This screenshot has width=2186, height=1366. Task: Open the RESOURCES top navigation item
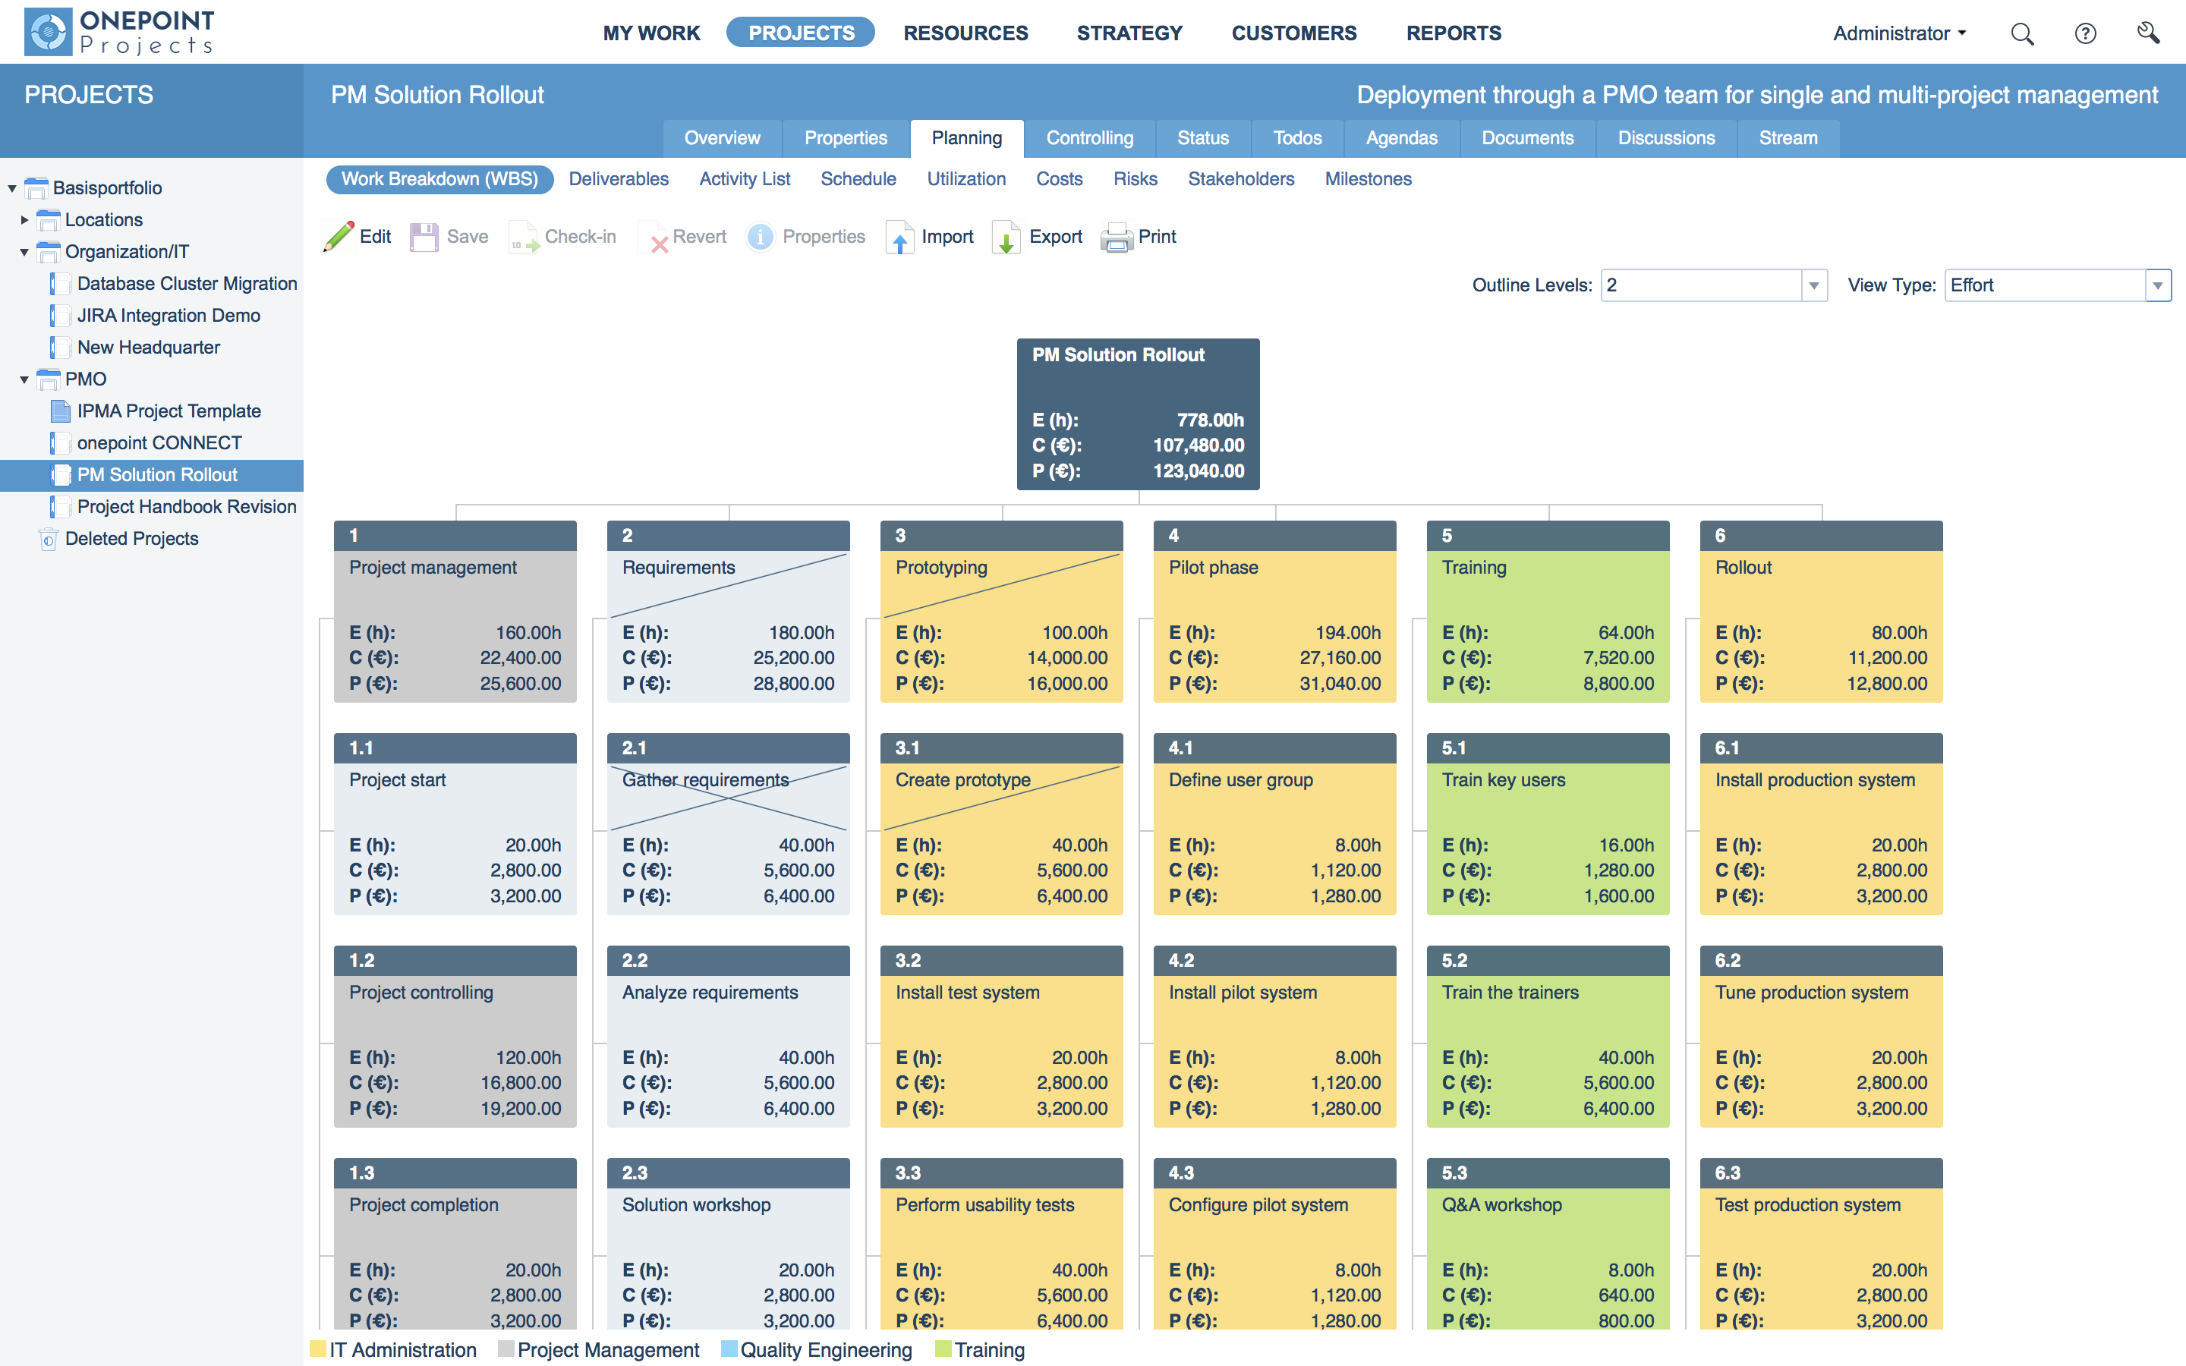coord(965,33)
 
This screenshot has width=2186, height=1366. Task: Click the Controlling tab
coord(1088,138)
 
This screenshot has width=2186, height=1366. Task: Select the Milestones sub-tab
coord(1367,179)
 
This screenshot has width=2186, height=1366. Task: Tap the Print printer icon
coord(1117,238)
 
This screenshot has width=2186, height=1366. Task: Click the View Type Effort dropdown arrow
coord(2157,285)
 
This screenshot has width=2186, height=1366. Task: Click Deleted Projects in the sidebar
coord(131,539)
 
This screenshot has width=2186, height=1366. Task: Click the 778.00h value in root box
coord(1210,420)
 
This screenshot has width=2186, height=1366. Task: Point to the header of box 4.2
coord(1274,960)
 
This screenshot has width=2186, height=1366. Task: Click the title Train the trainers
coord(1510,992)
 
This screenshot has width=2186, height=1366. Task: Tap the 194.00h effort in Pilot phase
coord(1348,632)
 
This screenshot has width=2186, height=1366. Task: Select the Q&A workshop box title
coord(1501,1204)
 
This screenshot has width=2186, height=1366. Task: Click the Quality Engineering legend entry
coord(825,1350)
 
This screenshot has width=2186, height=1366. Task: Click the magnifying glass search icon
coord(2021,34)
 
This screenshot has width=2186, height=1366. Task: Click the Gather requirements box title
coord(704,779)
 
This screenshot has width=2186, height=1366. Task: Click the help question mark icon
coord(2085,34)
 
